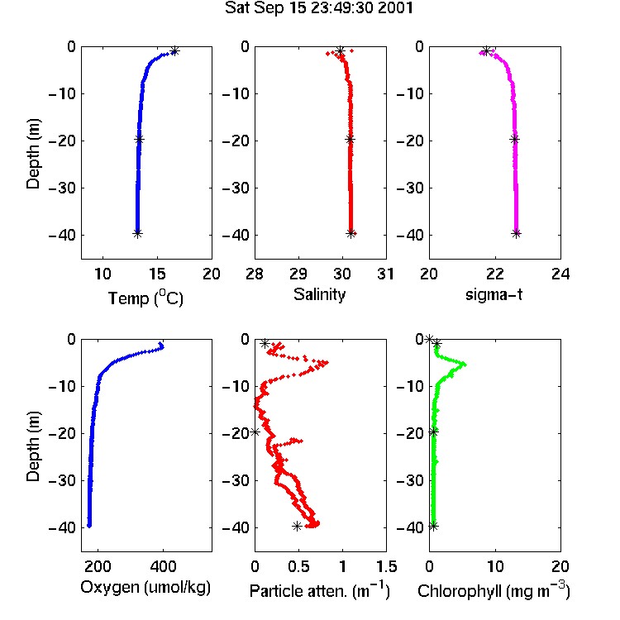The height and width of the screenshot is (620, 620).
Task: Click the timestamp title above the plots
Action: pos(319,7)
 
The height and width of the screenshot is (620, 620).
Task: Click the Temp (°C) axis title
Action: pos(145,298)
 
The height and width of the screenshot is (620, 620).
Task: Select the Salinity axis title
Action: pos(319,294)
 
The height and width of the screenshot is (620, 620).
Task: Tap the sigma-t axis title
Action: pos(494,294)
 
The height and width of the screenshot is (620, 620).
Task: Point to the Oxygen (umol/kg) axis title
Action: pos(145,587)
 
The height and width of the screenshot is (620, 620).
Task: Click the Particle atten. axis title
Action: pos(320,590)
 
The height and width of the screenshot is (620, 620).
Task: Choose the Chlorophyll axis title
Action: pos(494,590)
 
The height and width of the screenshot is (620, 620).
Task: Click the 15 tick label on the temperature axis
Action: pos(157,274)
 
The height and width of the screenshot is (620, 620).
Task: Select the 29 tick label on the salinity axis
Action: pos(298,274)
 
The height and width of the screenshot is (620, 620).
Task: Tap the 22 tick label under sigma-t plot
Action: pos(494,274)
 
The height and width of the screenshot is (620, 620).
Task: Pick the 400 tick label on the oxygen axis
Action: pos(163,566)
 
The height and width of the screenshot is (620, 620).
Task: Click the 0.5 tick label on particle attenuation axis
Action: pos(298,566)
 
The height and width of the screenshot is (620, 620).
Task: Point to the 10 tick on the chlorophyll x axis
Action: pos(494,566)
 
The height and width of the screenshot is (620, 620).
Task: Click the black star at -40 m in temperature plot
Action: pos(137,233)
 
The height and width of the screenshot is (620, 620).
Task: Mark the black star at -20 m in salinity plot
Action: pos(350,139)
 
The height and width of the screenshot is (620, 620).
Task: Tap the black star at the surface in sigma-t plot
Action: pos(487,51)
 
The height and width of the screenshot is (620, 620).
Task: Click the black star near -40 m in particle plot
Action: pos(297,526)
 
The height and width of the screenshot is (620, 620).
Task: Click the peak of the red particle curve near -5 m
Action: pos(326,362)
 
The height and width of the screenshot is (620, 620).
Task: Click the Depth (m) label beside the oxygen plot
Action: pos(33,446)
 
